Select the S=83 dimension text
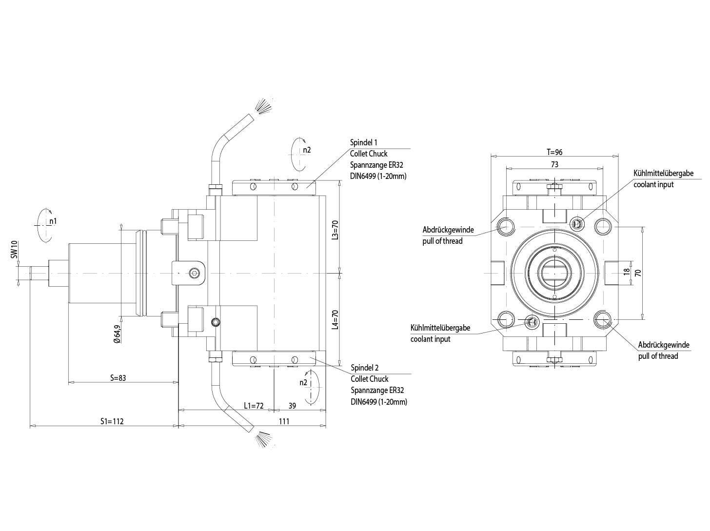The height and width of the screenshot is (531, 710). (x=118, y=377)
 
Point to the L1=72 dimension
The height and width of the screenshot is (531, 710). (x=254, y=405)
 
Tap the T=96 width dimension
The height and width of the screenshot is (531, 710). (x=554, y=152)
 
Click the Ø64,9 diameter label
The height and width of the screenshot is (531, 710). (x=117, y=334)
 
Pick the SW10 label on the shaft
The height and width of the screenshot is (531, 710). (x=14, y=249)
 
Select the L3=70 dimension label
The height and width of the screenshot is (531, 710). (x=335, y=229)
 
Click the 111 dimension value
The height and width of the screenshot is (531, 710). (x=284, y=421)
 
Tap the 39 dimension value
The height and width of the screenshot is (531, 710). (x=292, y=405)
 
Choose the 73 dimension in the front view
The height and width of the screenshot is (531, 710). (x=554, y=164)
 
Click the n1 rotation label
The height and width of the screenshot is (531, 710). (x=53, y=221)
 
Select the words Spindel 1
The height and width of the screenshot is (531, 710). (x=364, y=142)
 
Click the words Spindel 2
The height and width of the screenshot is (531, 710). (x=364, y=368)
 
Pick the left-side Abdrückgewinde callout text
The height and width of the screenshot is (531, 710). (x=448, y=230)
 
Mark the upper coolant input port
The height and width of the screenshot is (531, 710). (x=577, y=223)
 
